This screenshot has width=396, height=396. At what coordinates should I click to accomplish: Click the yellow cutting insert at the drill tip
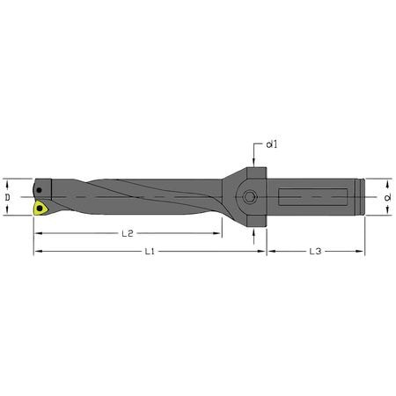(40, 209)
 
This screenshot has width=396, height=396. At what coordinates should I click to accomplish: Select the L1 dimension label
(150, 252)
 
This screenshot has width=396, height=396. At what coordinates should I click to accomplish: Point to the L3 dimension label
(315, 252)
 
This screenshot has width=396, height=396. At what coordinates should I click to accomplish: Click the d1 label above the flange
(269, 144)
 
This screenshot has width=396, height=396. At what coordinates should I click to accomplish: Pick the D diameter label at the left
(8, 198)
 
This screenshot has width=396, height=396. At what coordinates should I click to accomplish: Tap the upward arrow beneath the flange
(255, 233)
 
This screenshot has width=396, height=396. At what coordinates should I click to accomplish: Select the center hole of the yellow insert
(40, 209)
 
